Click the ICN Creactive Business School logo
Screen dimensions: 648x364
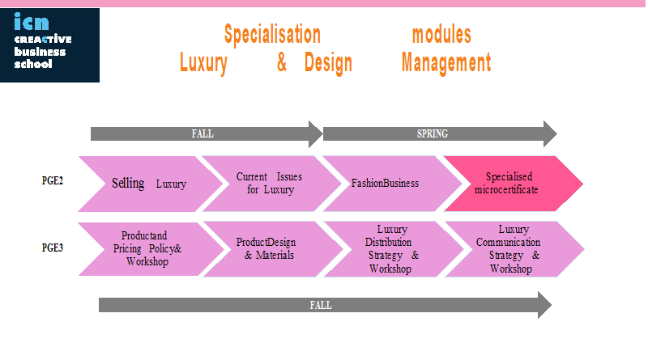point(49,45)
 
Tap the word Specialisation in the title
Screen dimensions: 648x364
point(272,34)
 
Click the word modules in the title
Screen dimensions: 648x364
point(441,34)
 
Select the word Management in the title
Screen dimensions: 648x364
point(446,63)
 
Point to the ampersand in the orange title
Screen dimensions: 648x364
point(282,62)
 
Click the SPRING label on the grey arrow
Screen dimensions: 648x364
point(433,133)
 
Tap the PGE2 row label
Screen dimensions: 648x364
point(53,180)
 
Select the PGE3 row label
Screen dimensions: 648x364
point(53,248)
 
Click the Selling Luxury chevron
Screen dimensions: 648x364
point(151,184)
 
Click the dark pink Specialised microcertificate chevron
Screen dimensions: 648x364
point(514,184)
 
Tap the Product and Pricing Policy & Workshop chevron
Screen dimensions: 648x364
point(151,249)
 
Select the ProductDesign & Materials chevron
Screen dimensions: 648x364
point(273,249)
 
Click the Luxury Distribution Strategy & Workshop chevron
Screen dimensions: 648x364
point(394,249)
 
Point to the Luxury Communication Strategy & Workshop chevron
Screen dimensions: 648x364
point(514,249)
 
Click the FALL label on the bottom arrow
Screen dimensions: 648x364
point(321,306)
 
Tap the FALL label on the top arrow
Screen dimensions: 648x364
point(202,133)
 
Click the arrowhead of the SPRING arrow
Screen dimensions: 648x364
point(550,133)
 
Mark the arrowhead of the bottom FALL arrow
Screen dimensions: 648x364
point(544,305)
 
